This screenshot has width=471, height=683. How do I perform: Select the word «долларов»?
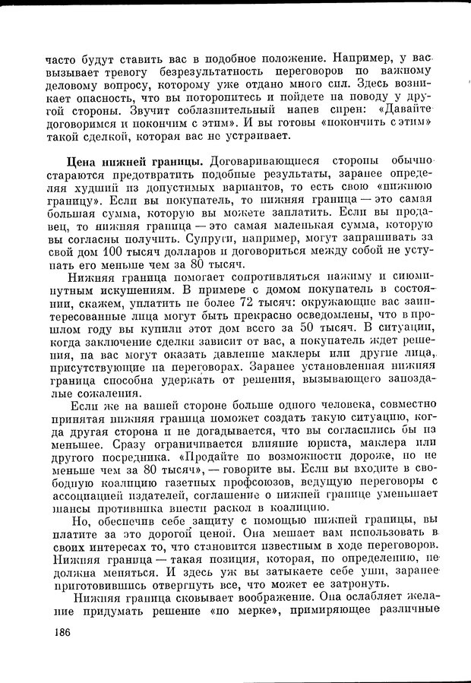pyautogui.click(x=187, y=250)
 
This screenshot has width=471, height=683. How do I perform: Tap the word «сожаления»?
pyautogui.click(x=103, y=393)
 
